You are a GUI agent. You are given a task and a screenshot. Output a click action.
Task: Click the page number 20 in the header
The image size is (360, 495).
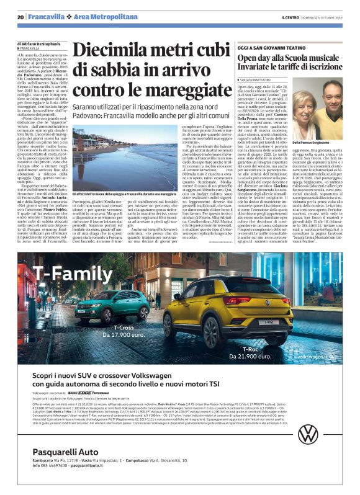point(20,16)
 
